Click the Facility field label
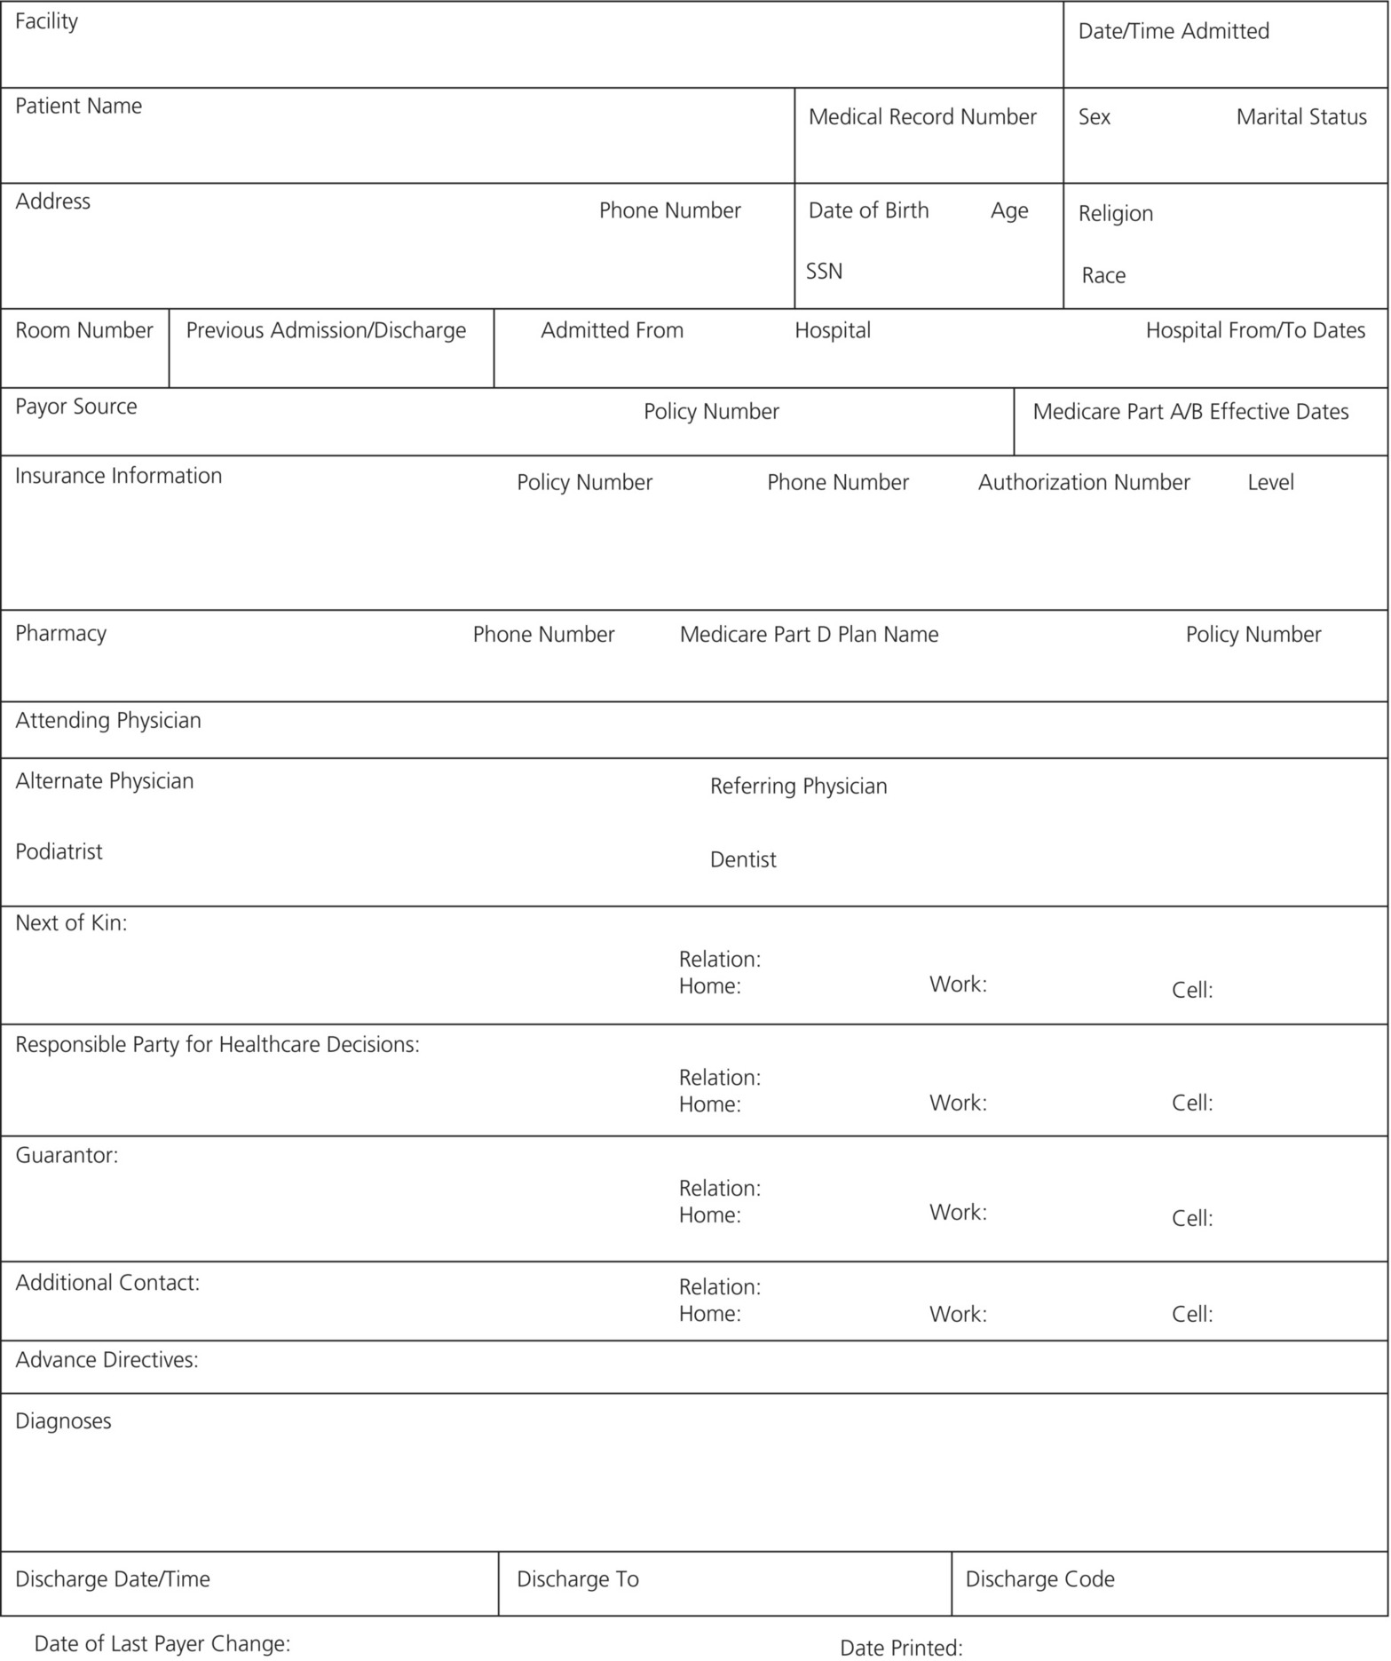(x=46, y=21)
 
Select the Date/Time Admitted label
(x=1173, y=32)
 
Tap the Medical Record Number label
(x=921, y=117)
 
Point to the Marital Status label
(x=1300, y=117)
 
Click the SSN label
(x=824, y=272)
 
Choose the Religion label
(x=1115, y=214)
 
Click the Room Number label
(x=84, y=331)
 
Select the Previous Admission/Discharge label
(x=326, y=331)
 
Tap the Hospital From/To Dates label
(x=1254, y=331)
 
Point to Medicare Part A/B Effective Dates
(x=1189, y=412)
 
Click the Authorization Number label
(x=1083, y=483)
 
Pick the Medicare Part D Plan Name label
(x=809, y=635)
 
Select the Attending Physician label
(x=108, y=721)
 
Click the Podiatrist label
(x=59, y=852)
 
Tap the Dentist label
(x=743, y=860)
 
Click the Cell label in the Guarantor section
(x=1191, y=1219)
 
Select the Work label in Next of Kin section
(x=957, y=985)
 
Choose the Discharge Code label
(x=1039, y=1579)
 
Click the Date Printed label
(x=900, y=1649)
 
